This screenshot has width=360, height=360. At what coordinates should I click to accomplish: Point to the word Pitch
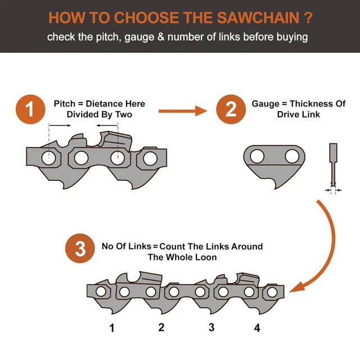(x=65, y=103)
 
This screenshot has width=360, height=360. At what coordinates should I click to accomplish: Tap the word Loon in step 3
(x=206, y=257)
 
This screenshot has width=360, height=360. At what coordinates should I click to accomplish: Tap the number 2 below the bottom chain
(x=161, y=327)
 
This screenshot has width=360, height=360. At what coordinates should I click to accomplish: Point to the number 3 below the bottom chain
(x=211, y=327)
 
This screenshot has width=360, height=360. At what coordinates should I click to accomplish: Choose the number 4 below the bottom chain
(x=257, y=327)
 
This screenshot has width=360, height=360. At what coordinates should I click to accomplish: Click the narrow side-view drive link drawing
(x=332, y=166)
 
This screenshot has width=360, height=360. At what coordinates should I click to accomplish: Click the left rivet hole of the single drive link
(x=258, y=155)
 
